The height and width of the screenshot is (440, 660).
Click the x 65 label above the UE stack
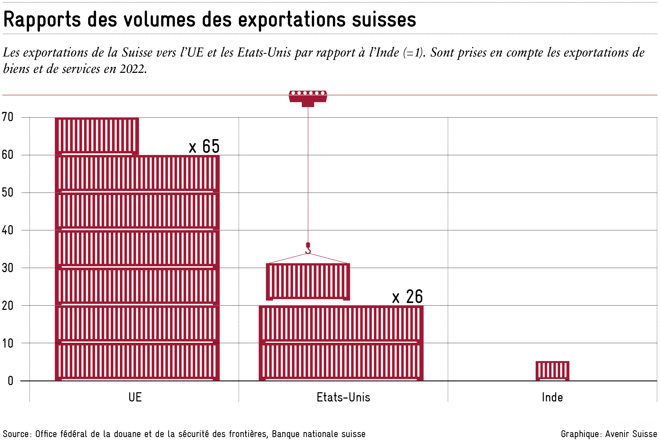click(204, 146)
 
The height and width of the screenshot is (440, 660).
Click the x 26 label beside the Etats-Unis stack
click(407, 297)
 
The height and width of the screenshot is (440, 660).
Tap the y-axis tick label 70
click(8, 117)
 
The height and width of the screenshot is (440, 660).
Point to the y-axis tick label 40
click(8, 230)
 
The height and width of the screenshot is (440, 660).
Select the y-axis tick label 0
click(10, 381)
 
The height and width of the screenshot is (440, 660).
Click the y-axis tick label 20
click(8, 306)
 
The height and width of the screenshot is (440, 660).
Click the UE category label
click(135, 398)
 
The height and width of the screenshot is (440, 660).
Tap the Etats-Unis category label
click(343, 398)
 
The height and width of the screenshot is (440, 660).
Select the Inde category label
click(552, 398)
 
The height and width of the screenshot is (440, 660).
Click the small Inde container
click(552, 371)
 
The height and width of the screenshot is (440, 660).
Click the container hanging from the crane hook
click(308, 281)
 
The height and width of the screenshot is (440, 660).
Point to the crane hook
click(308, 249)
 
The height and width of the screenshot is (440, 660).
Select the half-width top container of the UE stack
click(97, 136)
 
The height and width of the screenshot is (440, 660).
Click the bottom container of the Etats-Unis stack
click(341, 362)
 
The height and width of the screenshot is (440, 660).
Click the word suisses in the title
click(384, 20)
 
